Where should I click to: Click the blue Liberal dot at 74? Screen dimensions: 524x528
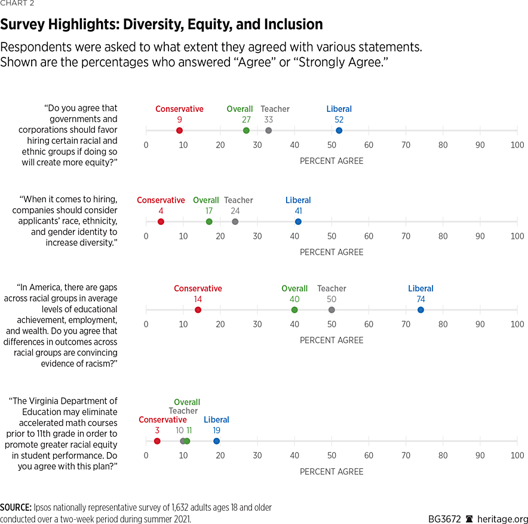tap(420, 310)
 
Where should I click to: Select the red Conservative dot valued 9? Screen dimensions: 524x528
tap(179, 130)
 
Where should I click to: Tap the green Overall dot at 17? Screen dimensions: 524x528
tap(209, 222)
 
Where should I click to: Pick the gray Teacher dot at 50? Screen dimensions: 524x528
tap(331, 310)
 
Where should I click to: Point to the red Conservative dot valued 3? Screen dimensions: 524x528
tap(157, 441)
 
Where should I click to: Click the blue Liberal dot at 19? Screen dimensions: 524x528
tap(216, 441)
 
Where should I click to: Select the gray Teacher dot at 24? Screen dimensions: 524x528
tap(235, 222)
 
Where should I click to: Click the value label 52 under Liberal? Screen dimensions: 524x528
tap(339, 120)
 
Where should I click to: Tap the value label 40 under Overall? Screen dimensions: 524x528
tap(294, 299)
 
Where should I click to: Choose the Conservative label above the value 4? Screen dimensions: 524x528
tap(161, 200)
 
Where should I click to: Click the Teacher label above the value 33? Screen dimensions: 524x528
tap(275, 109)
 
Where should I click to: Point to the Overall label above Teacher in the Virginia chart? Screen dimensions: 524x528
tap(187, 403)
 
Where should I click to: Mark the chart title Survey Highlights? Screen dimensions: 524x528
tap(161, 25)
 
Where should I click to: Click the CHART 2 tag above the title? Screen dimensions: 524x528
tap(17, 4)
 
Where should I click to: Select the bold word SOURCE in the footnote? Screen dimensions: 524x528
tap(16, 507)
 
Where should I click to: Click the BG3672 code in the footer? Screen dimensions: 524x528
tap(444, 519)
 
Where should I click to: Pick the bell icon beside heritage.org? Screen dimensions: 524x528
tap(469, 519)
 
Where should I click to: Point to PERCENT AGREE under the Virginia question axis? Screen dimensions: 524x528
tap(331, 472)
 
